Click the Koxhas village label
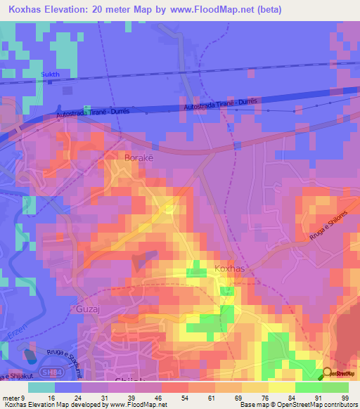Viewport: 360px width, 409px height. [227, 268]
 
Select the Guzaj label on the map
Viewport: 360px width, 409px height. [86, 308]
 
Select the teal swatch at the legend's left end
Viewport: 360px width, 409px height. [41, 387]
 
